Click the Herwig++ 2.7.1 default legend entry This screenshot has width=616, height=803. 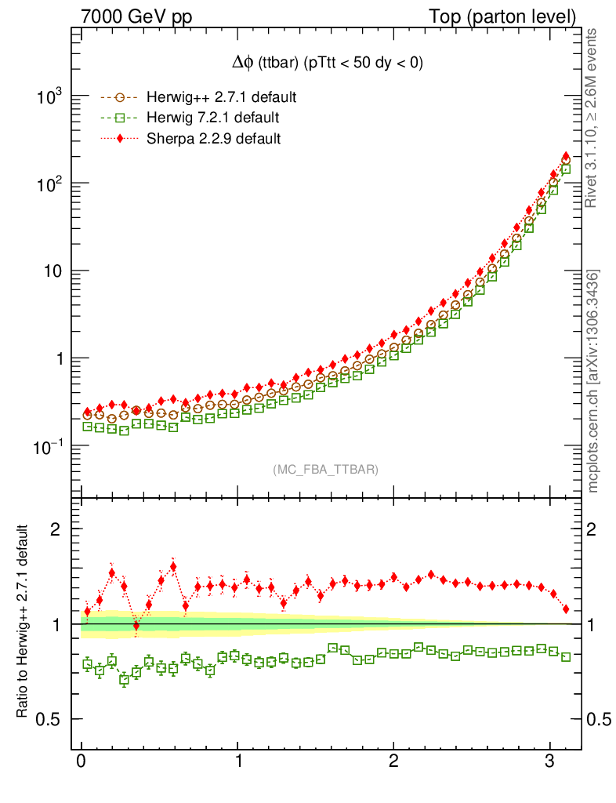[x=219, y=98]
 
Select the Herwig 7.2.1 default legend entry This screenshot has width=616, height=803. [x=211, y=118]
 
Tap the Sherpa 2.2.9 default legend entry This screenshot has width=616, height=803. [x=214, y=139]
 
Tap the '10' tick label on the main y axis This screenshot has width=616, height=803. [x=54, y=271]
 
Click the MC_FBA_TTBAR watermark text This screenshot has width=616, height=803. [x=326, y=470]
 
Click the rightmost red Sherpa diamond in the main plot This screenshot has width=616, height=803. [x=566, y=157]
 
